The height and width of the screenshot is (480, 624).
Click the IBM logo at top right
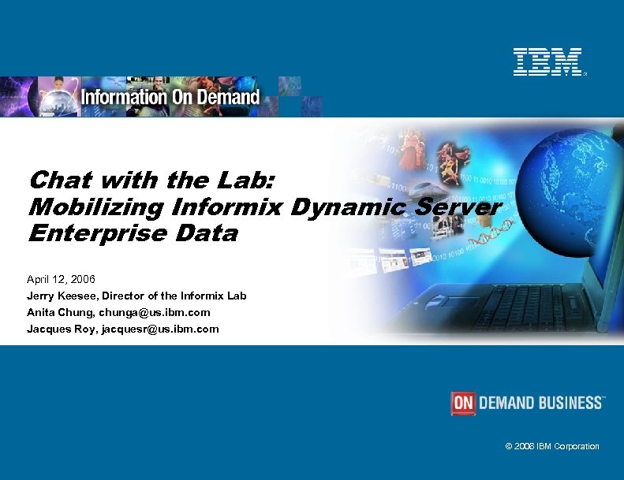[547, 61]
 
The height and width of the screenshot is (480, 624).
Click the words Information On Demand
[170, 97]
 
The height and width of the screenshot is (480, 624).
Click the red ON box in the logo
[463, 403]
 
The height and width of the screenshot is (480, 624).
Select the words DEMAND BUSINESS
[541, 403]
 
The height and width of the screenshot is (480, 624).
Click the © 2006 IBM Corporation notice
[552, 446]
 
